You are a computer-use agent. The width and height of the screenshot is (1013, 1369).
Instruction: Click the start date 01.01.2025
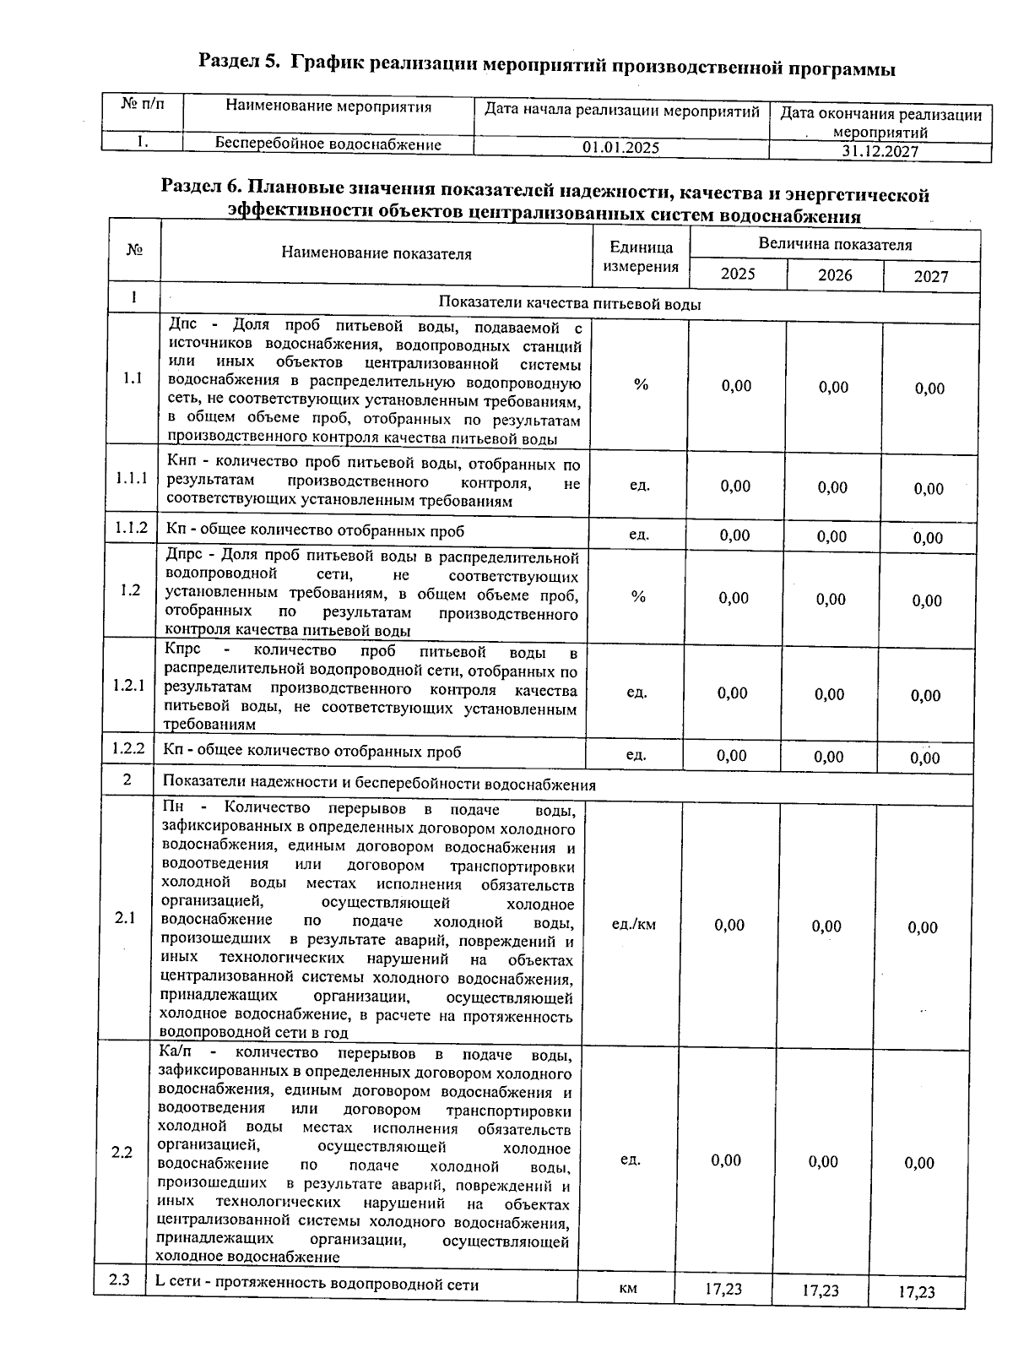(620, 148)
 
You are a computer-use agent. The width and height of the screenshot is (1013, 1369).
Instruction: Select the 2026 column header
(834, 275)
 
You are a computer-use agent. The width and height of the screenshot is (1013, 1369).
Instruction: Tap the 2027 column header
(930, 277)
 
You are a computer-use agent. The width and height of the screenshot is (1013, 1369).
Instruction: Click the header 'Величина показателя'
(834, 245)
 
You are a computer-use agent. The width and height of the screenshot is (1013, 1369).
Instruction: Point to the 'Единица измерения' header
(641, 257)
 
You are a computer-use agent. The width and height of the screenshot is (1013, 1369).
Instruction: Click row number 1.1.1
(132, 479)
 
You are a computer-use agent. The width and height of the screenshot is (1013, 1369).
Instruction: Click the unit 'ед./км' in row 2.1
(633, 924)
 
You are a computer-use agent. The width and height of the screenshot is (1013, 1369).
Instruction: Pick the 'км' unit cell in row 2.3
(627, 1289)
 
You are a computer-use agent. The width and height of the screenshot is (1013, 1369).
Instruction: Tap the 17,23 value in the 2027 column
(916, 1292)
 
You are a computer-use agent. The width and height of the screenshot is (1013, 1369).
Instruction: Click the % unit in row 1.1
(641, 385)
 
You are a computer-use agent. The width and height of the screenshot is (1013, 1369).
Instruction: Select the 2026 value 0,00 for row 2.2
(823, 1162)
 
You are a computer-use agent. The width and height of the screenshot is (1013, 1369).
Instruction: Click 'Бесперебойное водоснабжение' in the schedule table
(328, 144)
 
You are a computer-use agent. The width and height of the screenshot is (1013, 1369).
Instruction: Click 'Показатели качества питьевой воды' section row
(569, 304)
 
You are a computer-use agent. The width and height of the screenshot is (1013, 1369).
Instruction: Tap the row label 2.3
(119, 1280)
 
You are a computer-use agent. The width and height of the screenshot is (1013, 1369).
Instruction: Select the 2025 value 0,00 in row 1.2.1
(732, 693)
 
